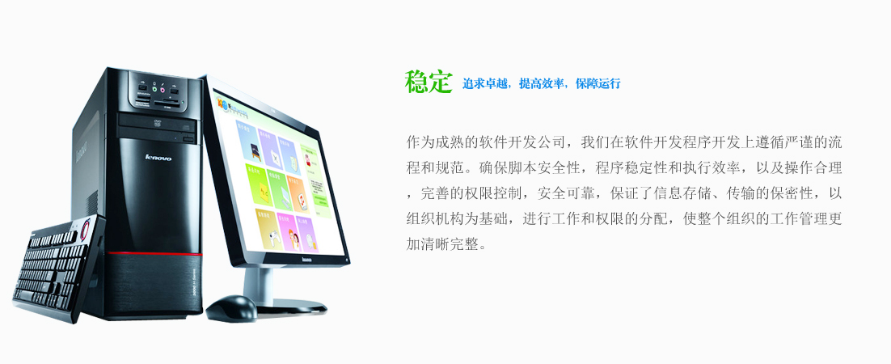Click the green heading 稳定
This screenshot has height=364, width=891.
tap(428, 83)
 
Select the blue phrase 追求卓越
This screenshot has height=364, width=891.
tap(484, 83)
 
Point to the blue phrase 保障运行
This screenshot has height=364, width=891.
tap(598, 83)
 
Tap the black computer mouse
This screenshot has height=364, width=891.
tap(231, 307)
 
